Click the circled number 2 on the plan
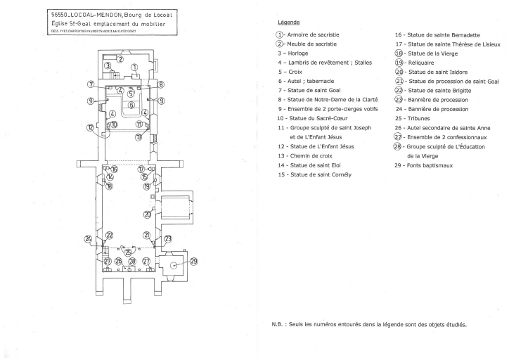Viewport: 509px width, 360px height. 120,60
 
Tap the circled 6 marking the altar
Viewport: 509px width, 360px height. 131,104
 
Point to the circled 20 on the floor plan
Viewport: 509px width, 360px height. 147,214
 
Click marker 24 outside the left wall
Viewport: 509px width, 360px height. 89,239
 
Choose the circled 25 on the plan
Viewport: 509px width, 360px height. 128,252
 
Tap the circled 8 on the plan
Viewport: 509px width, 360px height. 161,84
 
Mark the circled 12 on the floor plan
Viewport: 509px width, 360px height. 90,127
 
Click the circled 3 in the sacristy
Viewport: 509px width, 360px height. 108,66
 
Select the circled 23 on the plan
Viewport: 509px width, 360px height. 168,239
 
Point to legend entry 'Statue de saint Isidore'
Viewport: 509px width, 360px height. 438,72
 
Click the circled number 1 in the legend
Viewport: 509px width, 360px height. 280,34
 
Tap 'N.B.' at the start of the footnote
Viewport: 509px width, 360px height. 278,324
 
